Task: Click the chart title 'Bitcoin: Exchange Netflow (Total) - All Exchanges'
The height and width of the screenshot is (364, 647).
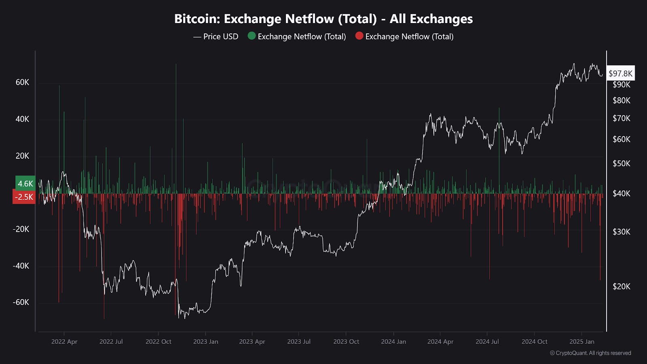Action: point(323,19)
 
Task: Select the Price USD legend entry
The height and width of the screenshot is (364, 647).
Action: point(216,36)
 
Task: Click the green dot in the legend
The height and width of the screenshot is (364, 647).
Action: point(252,36)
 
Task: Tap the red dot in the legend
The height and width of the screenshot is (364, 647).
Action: point(359,36)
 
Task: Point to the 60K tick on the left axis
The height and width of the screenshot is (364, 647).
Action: point(22,82)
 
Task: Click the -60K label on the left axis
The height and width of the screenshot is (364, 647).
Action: point(21,302)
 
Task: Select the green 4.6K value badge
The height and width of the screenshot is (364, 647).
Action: point(25,183)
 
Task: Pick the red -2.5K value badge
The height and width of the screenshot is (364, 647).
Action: point(24,197)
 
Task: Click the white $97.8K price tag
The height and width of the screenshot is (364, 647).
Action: point(620,73)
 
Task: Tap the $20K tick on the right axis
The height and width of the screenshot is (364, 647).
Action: point(622,286)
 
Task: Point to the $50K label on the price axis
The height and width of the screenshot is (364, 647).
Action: point(622,163)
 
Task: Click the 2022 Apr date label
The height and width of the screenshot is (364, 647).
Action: point(64,341)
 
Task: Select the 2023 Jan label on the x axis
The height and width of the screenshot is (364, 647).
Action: point(205,341)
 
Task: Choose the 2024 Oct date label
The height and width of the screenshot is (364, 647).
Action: point(534,341)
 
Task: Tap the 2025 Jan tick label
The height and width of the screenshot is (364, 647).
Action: point(581,341)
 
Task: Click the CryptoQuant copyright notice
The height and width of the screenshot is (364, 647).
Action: point(590,353)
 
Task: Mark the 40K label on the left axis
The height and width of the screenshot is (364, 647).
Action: point(22,119)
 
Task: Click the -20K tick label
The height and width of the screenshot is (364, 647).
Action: point(21,229)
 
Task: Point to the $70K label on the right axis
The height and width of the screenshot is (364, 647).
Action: point(622,118)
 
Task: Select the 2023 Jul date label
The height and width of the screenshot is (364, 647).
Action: point(299,341)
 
